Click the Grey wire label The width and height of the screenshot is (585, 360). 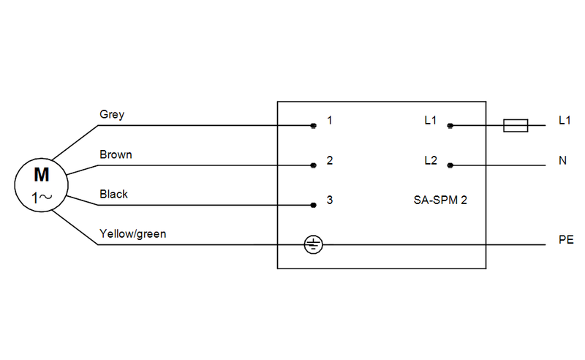tap(112, 115)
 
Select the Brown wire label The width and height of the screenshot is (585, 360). tap(116, 155)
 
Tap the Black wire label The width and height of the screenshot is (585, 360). tap(113, 194)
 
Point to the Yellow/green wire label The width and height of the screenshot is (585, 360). tap(132, 234)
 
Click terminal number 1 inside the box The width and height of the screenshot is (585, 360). tap(330, 120)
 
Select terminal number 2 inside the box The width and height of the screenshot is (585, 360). tap(330, 160)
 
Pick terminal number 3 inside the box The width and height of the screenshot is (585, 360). tap(330, 199)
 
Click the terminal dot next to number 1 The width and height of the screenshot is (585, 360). tap(313, 126)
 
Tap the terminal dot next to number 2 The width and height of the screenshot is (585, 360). tap(313, 165)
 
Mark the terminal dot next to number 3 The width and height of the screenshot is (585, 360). tap(313, 205)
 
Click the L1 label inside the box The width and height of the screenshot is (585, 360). tap(430, 120)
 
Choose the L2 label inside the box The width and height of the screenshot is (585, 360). tap(430, 160)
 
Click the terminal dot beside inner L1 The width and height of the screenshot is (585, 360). tap(450, 126)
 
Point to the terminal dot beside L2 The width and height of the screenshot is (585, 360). tap(450, 165)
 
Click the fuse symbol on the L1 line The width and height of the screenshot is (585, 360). tap(516, 126)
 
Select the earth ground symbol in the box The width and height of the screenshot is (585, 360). tap(312, 244)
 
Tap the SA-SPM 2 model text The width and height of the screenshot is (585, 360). tap(435, 199)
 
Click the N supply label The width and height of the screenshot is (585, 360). tap(562, 160)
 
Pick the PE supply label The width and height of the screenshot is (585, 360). tap(565, 239)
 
